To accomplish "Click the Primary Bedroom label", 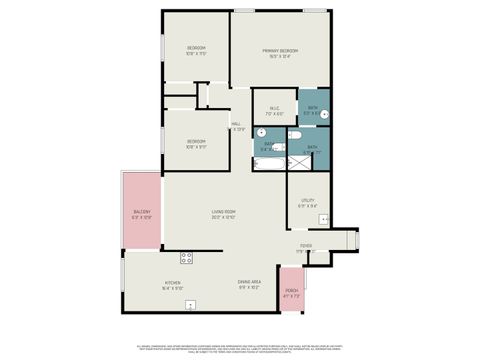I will [282, 51].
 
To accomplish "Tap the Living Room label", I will [223, 212].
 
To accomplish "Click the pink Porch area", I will [291, 290].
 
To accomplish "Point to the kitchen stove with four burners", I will [186, 258].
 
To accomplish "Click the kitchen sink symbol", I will [190, 304].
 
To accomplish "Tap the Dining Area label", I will [249, 283].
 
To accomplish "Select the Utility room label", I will [308, 201].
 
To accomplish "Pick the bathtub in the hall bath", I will [269, 161].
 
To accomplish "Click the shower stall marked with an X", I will [301, 161].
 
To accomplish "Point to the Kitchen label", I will [172, 283].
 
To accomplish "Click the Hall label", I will [236, 124].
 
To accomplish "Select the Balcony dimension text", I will [142, 217].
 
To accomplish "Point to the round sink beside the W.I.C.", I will [262, 132].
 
